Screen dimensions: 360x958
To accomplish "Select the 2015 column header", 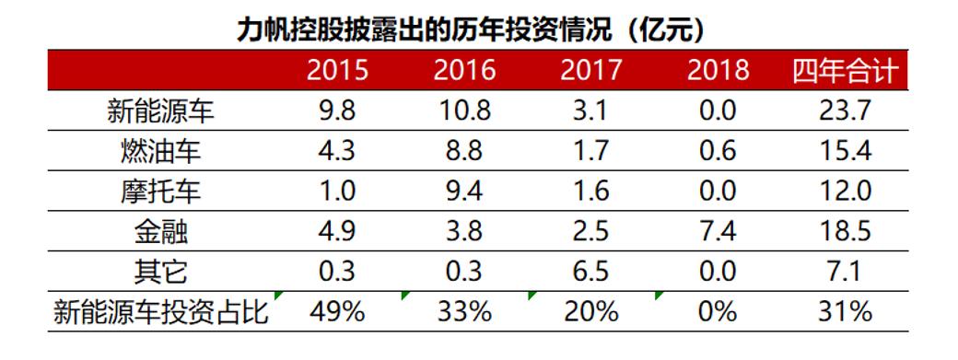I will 337,71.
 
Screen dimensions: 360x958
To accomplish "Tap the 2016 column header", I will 464,71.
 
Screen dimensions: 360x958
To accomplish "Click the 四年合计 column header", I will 845,71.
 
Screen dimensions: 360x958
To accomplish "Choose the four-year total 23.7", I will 845,111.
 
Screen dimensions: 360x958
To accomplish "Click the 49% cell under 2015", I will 337,312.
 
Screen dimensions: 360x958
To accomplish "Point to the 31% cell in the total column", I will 845,312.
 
